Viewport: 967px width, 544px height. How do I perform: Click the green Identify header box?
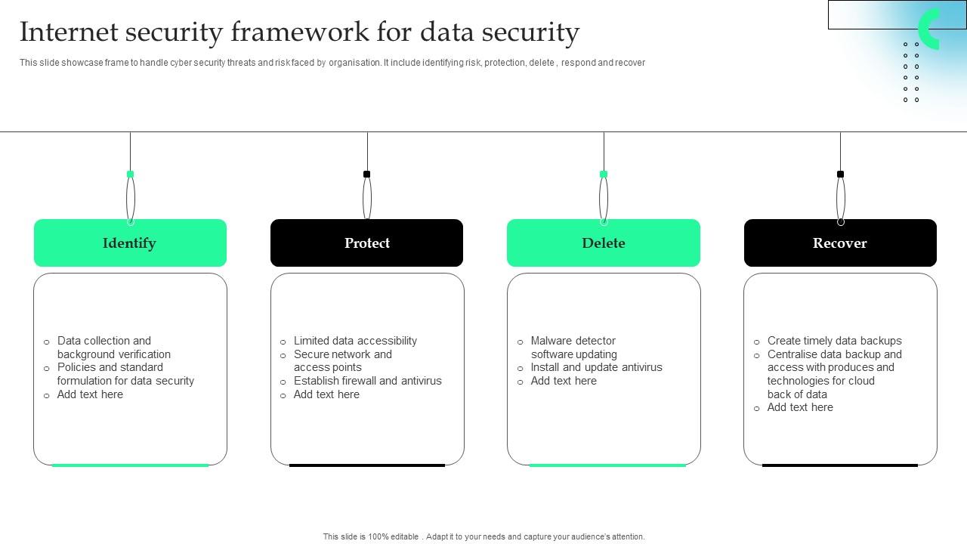click(x=130, y=243)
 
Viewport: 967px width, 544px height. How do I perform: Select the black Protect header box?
click(x=366, y=243)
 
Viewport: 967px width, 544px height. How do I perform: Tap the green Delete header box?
click(x=603, y=243)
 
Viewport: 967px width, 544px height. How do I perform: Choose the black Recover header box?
click(x=840, y=243)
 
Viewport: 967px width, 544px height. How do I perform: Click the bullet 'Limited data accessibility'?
click(x=355, y=341)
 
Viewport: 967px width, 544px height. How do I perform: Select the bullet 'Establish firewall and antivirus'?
click(x=367, y=381)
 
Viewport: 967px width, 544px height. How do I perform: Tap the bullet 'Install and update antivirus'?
click(x=596, y=367)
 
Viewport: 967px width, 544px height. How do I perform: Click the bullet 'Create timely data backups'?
click(x=834, y=341)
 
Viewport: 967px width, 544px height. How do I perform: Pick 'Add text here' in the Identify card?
click(x=90, y=394)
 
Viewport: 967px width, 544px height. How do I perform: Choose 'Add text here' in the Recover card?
click(x=800, y=407)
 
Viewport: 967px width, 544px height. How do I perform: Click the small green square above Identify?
click(x=130, y=175)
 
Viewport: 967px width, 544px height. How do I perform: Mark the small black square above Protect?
click(x=366, y=175)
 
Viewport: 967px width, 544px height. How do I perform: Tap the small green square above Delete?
click(x=603, y=175)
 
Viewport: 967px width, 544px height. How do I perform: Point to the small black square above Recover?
click(x=840, y=175)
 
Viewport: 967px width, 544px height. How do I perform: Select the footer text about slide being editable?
click(x=483, y=536)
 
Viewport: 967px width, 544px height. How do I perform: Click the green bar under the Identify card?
click(x=130, y=465)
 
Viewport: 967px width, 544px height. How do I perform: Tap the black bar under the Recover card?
click(x=840, y=465)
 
